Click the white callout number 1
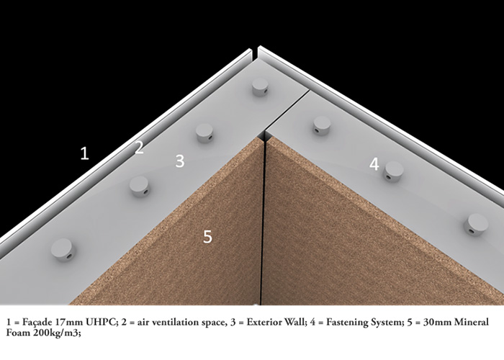click(84, 153)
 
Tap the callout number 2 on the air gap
click(139, 148)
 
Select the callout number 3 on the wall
click(180, 161)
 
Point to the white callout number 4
click(374, 164)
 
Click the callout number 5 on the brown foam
click(207, 237)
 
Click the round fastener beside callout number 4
click(394, 171)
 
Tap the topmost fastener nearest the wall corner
click(260, 87)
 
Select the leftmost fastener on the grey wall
click(63, 250)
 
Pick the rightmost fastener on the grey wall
click(476, 225)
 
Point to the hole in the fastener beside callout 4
click(388, 176)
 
